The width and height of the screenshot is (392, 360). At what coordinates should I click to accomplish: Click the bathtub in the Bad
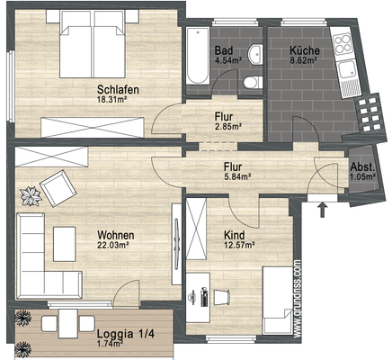[x=198, y=56]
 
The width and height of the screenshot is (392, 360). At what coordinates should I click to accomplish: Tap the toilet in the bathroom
[x=253, y=83]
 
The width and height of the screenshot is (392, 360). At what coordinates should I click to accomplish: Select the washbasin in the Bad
[x=255, y=54]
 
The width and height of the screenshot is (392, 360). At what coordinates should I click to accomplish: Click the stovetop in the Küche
[x=343, y=44]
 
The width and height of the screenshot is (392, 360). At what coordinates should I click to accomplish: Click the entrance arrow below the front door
[x=323, y=210]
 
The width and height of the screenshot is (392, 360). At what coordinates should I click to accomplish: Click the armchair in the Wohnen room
[x=58, y=188]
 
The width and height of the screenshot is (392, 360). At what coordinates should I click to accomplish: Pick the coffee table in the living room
[x=65, y=244]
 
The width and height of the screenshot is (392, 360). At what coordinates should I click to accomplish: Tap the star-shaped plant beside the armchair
[x=31, y=196]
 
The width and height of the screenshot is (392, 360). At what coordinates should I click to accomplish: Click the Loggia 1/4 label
[x=125, y=334]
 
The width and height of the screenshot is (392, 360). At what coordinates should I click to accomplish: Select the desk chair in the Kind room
[x=221, y=297]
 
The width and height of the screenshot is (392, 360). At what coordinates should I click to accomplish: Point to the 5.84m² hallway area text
[x=237, y=177]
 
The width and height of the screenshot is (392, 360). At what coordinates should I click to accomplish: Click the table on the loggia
[x=68, y=324]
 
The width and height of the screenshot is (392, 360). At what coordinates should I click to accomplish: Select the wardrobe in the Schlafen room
[x=93, y=128]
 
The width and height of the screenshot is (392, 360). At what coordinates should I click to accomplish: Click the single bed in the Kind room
[x=278, y=301]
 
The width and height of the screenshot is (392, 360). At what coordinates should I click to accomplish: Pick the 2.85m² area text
[x=228, y=126]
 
